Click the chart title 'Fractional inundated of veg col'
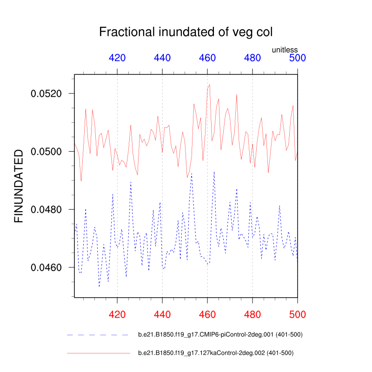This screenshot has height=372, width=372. click(186, 33)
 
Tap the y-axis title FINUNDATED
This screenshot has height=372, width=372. click(19, 186)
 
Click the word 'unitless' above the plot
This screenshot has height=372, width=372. click(285, 50)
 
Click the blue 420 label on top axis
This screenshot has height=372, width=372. click(117, 58)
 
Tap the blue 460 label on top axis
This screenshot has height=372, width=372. click(207, 58)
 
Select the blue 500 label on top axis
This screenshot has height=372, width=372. click(298, 58)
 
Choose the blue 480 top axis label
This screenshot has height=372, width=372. click(252, 58)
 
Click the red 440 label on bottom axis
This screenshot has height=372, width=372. click(162, 314)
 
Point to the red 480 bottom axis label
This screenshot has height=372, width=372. click(252, 314)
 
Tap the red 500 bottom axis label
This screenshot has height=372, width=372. click(298, 314)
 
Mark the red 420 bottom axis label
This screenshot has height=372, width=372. click(117, 314)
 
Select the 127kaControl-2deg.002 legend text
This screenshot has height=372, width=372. click(216, 353)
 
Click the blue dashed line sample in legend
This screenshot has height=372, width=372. click(98, 335)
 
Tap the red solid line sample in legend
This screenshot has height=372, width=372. click(98, 353)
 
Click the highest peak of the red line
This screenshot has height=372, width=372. click(210, 85)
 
